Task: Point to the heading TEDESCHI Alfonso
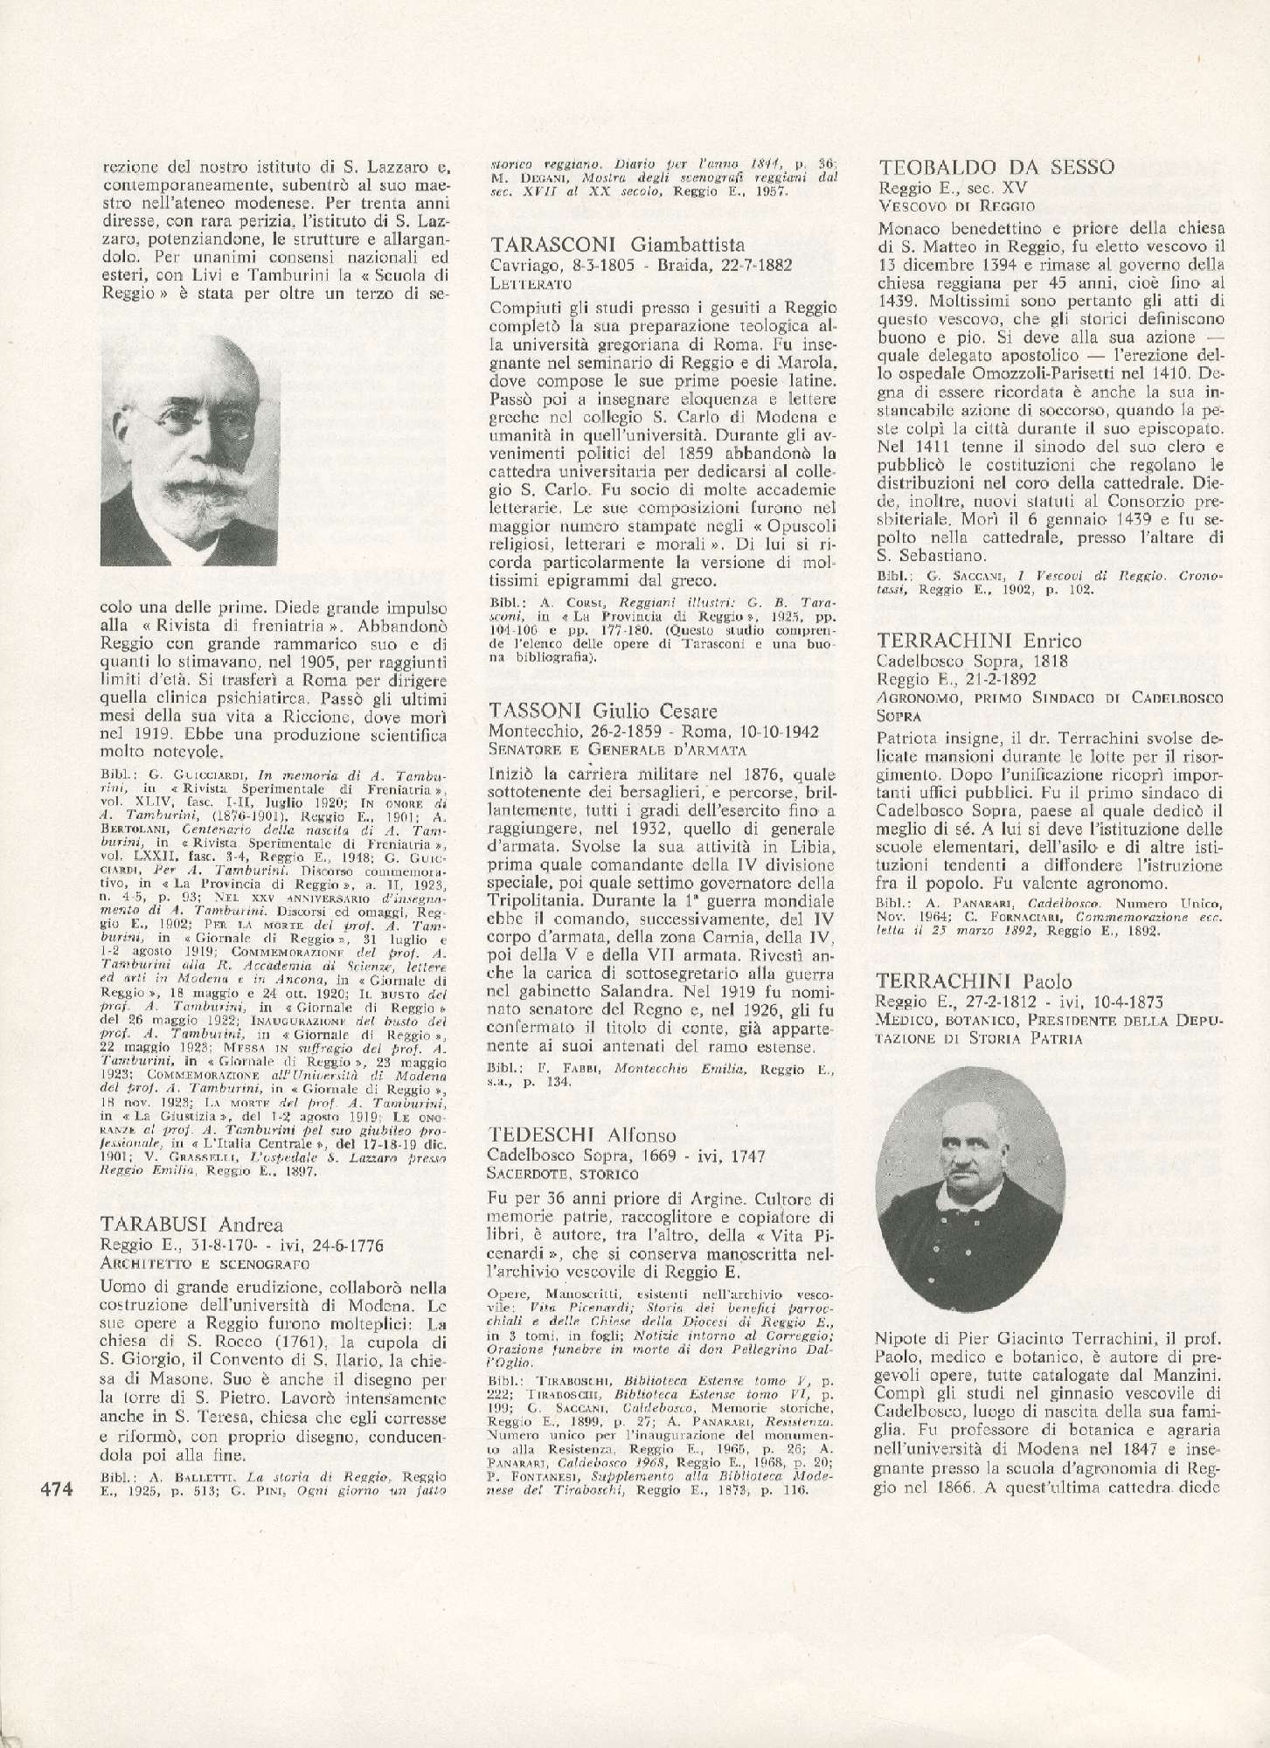pos(582,1134)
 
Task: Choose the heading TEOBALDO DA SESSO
pos(996,167)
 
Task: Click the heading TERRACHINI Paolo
pos(974,981)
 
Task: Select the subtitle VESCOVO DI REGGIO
pos(955,206)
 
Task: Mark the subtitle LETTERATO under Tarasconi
pos(531,283)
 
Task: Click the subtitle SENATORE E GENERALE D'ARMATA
pos(617,749)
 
